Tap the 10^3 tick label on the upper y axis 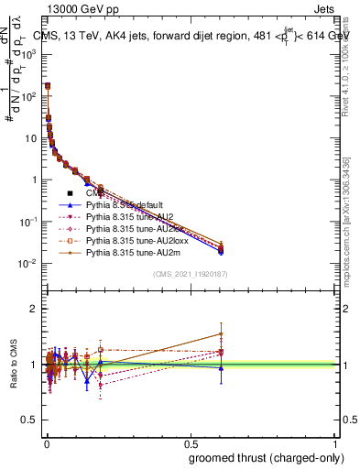click(31, 54)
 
